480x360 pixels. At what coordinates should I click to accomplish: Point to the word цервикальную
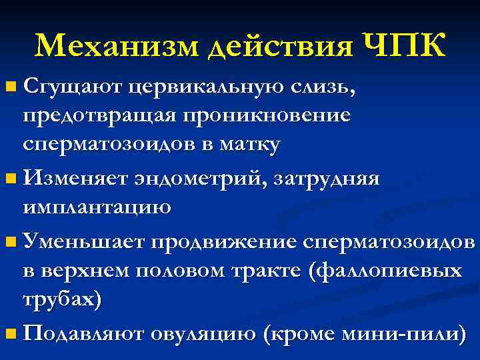pyautogui.click(x=206, y=87)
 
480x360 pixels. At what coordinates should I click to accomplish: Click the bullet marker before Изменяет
pyautogui.click(x=9, y=179)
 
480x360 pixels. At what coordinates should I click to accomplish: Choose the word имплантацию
pyautogui.click(x=97, y=207)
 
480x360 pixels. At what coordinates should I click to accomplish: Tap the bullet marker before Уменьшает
pyautogui.click(x=9, y=241)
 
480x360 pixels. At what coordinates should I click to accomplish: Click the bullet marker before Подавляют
pyautogui.click(x=9, y=333)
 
